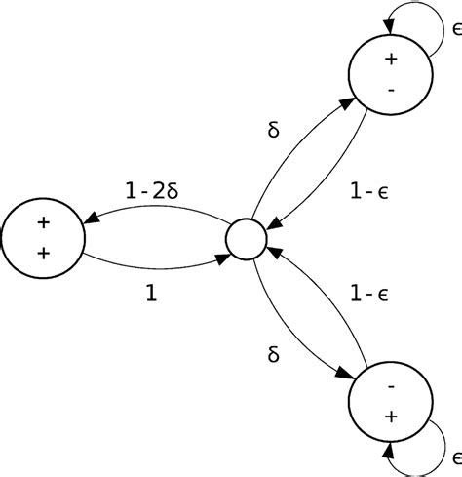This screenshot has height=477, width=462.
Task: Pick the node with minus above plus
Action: pos(391,403)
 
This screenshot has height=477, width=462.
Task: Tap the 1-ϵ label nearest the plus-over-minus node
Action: pos(370,194)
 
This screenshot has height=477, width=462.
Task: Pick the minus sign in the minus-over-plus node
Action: pos(391,387)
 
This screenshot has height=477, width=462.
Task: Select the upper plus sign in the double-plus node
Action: pos(42,222)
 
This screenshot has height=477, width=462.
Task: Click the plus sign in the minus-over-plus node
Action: pos(391,417)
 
